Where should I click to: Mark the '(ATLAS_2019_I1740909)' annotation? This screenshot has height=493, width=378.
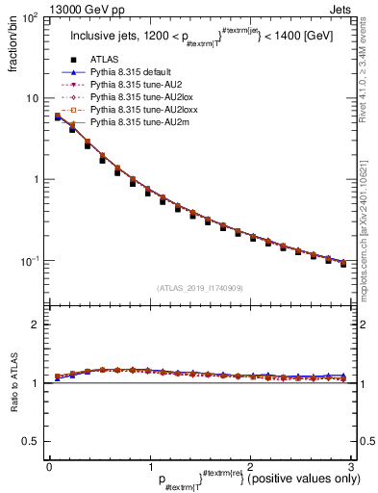tap(200, 287)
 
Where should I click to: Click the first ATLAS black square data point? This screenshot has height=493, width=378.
tap(58, 117)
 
